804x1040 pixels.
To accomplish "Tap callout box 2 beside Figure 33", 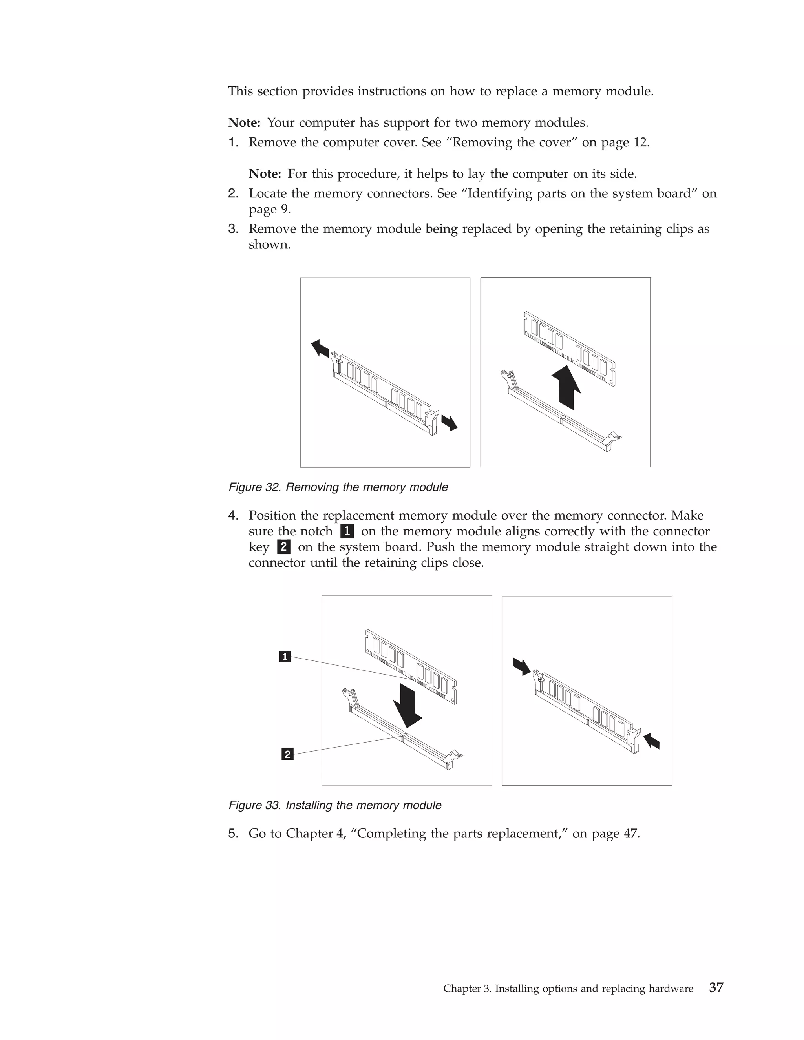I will (x=287, y=754).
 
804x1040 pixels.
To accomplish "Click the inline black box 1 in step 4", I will (x=347, y=531).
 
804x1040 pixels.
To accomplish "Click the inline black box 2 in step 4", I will (x=283, y=547).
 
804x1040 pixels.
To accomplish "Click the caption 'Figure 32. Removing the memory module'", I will (x=338, y=487).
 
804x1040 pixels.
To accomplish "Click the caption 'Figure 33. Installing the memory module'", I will (x=335, y=805).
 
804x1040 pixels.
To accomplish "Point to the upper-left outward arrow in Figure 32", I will (x=320, y=348).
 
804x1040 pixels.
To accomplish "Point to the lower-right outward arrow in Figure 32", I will (x=449, y=422).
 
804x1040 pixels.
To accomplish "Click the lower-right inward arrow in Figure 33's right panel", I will (x=652, y=741).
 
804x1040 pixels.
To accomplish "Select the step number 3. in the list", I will (x=233, y=229).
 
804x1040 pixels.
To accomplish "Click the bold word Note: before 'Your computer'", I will (x=244, y=123).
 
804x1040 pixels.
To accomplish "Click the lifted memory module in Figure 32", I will (x=570, y=348).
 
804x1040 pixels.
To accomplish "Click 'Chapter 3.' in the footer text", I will (x=467, y=989).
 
